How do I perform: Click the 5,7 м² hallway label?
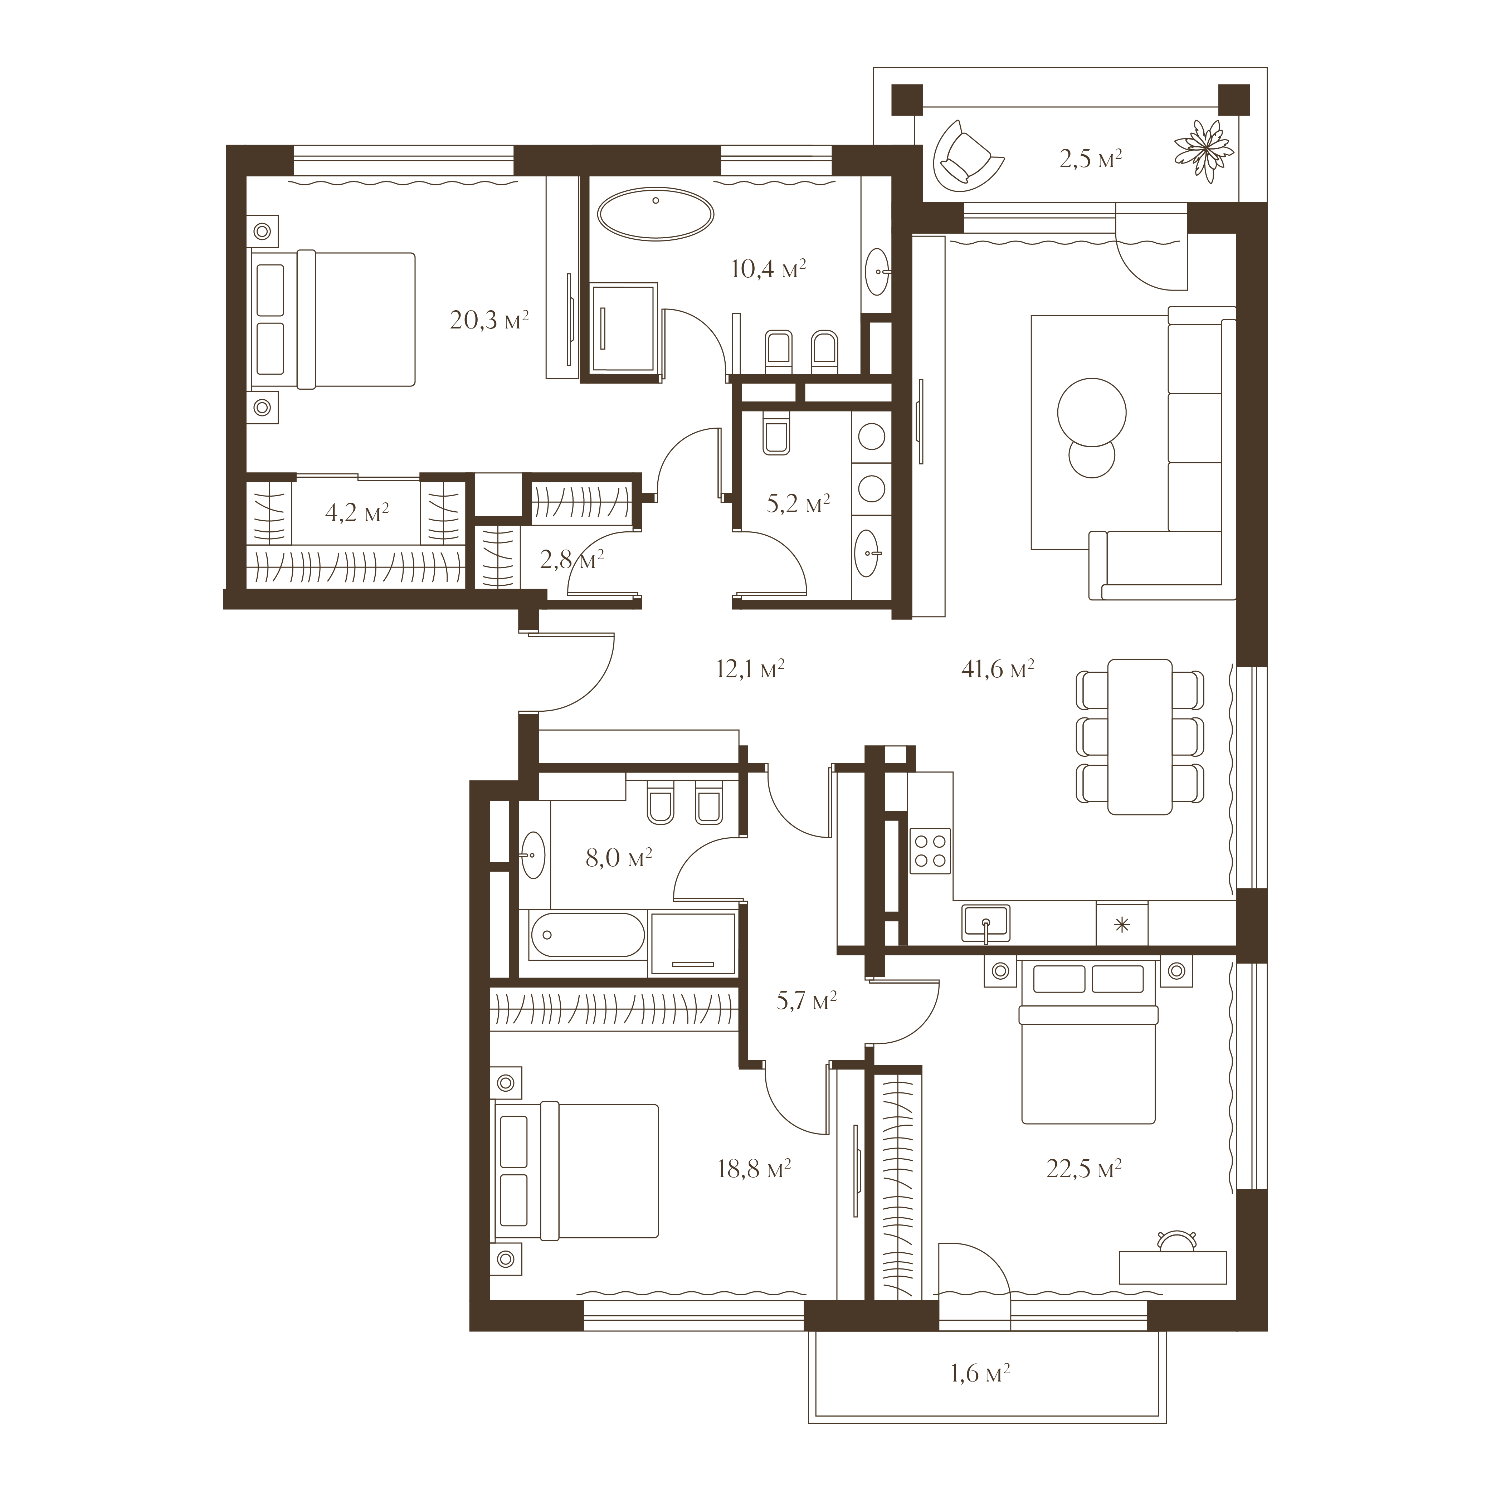tap(807, 1001)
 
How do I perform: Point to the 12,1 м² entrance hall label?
tap(750, 668)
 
